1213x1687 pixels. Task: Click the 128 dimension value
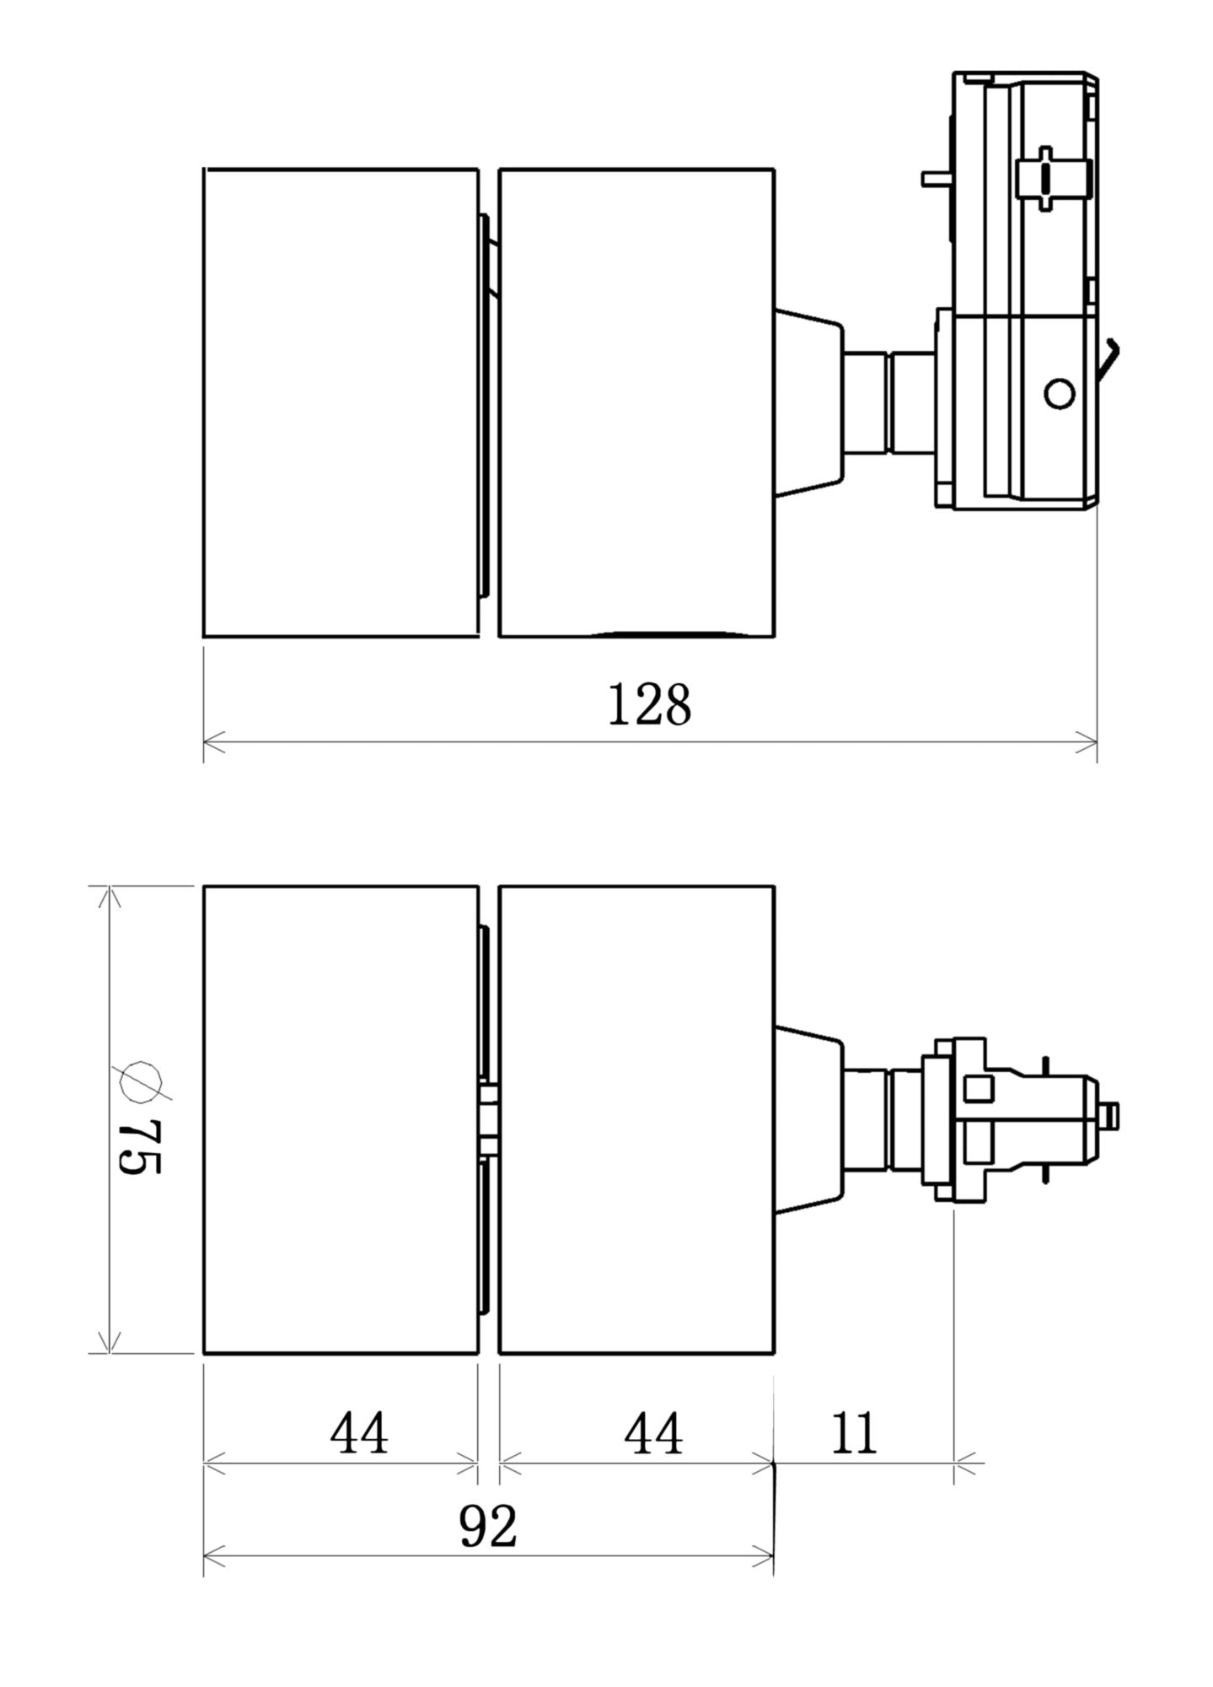[648, 705]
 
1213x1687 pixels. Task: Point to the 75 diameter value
[140, 1147]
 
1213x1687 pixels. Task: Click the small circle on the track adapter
[1059, 393]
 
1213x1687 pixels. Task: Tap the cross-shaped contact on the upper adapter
[1044, 179]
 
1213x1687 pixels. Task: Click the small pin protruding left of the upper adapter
[935, 178]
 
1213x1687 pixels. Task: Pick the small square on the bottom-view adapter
[979, 1088]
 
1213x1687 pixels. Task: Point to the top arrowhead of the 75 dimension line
[110, 897]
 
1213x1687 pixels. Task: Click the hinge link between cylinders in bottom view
[488, 1119]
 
